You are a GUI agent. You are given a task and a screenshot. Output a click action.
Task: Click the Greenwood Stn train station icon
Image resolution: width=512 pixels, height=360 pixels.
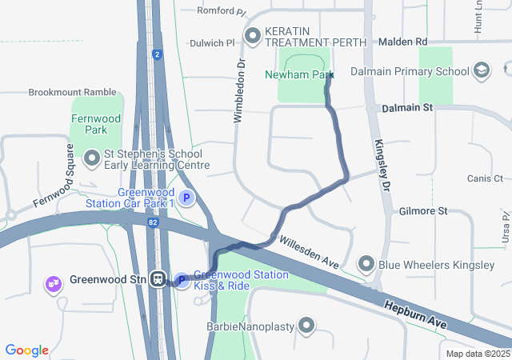(x=160, y=280)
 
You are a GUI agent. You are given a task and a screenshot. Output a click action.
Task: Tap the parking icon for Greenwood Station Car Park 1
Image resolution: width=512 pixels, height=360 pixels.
(x=186, y=198)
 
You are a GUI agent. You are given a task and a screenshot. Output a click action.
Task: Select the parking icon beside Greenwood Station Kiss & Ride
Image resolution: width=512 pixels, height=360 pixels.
(x=181, y=280)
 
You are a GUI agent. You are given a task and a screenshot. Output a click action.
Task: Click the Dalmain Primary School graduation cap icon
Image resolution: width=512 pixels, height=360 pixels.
(x=482, y=71)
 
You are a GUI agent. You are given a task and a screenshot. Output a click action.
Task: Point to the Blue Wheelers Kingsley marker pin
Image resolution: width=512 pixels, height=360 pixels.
(x=366, y=262)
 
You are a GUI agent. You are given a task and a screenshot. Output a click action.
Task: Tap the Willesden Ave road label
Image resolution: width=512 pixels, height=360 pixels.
(x=308, y=250)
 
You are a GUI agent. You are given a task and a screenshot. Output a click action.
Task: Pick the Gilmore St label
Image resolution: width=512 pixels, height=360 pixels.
(x=425, y=211)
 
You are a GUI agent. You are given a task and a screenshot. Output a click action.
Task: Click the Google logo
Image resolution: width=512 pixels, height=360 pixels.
(x=27, y=350)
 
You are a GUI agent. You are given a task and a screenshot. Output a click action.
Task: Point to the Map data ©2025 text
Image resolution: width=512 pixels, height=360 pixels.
(x=478, y=354)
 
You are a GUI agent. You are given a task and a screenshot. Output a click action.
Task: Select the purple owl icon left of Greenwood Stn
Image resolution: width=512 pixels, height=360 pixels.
(x=54, y=283)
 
